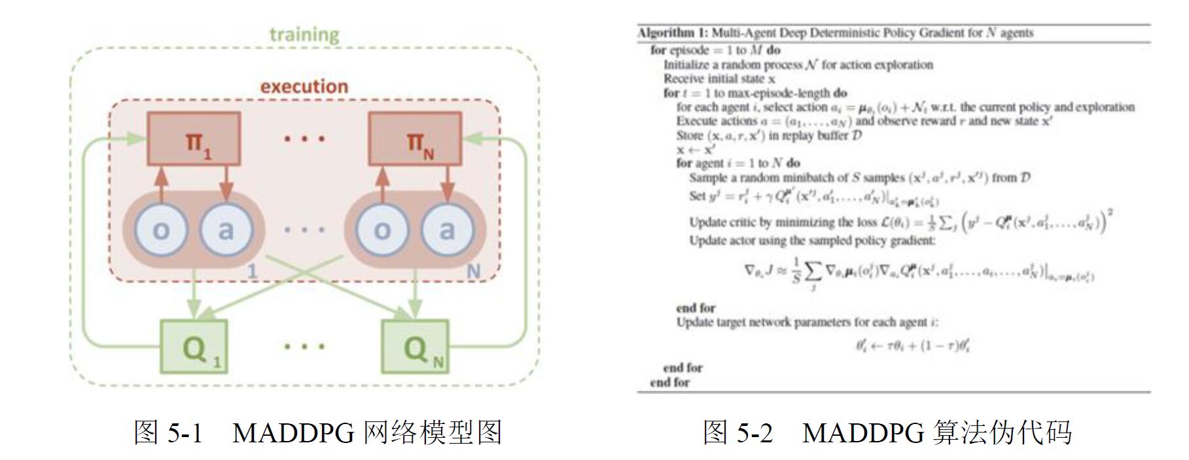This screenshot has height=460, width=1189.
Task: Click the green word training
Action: [304, 34]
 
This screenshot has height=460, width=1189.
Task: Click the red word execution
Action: [304, 86]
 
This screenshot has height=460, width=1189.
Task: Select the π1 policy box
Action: [194, 139]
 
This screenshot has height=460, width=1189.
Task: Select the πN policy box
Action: [415, 139]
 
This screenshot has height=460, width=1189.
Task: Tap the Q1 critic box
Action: [194, 347]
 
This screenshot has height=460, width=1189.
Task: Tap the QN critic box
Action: [416, 347]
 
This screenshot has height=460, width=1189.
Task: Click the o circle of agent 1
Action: [161, 230]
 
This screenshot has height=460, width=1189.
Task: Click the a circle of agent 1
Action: [226, 230]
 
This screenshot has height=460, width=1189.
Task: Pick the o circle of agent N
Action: [382, 230]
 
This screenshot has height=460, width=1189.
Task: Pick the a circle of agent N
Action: [447, 230]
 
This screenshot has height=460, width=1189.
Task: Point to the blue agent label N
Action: [472, 271]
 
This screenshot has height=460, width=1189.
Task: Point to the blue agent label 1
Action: [253, 271]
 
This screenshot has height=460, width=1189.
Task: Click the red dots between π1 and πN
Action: [304, 139]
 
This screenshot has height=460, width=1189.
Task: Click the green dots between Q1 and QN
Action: [304, 346]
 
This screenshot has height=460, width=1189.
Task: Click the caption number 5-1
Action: [186, 433]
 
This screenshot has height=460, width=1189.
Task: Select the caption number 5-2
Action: [755, 433]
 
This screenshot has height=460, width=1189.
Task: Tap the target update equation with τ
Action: [913, 345]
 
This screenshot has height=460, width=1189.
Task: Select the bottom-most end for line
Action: [669, 382]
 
